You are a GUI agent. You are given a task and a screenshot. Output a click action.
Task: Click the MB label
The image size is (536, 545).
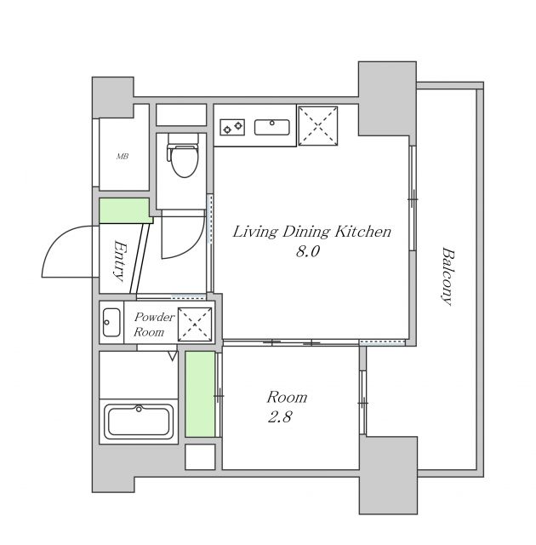pyautogui.click(x=123, y=157)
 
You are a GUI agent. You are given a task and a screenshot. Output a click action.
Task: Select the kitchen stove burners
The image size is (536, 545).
pyautogui.click(x=232, y=128)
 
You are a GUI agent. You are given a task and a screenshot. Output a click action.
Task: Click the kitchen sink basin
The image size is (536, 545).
pyautogui.click(x=273, y=128)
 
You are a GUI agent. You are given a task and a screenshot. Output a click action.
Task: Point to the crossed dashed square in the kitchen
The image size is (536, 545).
pyautogui.click(x=319, y=126)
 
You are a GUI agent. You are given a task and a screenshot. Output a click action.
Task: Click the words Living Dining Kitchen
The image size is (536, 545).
pyautogui.click(x=311, y=231)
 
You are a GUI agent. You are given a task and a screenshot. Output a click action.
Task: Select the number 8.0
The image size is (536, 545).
pyautogui.click(x=307, y=253)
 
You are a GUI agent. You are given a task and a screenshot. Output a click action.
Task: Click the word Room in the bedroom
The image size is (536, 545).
pyautogui.click(x=287, y=397)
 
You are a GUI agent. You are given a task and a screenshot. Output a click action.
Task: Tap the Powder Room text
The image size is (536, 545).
pyautogui.click(x=154, y=324)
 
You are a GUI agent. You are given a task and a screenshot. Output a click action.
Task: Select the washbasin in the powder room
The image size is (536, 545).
pyautogui.click(x=111, y=323)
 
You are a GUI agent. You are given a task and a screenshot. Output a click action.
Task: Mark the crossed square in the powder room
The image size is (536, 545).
pyautogui.click(x=194, y=323)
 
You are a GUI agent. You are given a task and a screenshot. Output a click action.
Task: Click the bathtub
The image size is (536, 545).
pyautogui.click(x=138, y=422)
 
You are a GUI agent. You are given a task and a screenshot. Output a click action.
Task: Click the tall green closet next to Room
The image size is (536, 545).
pyautogui.click(x=201, y=394)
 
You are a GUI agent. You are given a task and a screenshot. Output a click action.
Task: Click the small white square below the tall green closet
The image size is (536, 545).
pyautogui.click(x=201, y=456)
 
